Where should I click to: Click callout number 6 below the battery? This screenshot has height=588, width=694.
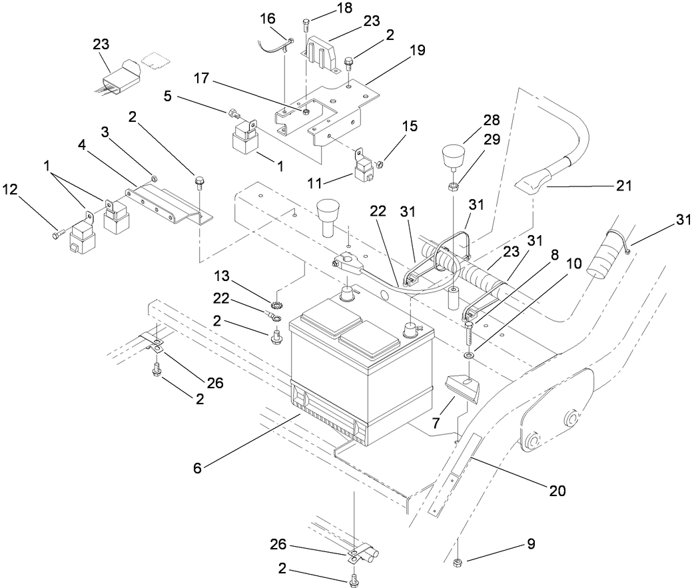(196, 467)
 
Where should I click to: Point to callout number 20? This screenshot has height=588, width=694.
(557, 491)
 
